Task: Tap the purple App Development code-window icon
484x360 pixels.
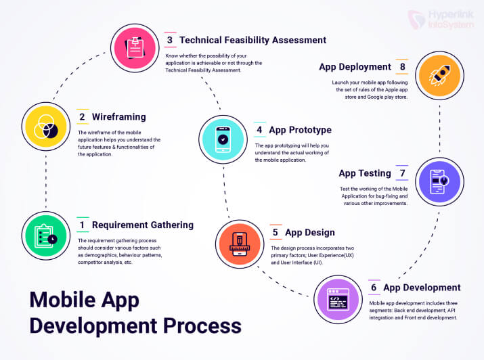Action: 342,297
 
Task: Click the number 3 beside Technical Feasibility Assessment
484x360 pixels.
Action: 169,41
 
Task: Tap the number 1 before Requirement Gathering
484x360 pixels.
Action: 82,225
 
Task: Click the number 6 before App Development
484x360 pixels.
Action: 374,288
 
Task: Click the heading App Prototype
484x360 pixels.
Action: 300,130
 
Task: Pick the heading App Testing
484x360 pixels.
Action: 365,174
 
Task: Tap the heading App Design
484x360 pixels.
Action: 309,233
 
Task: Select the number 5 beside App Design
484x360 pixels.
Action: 276,233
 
